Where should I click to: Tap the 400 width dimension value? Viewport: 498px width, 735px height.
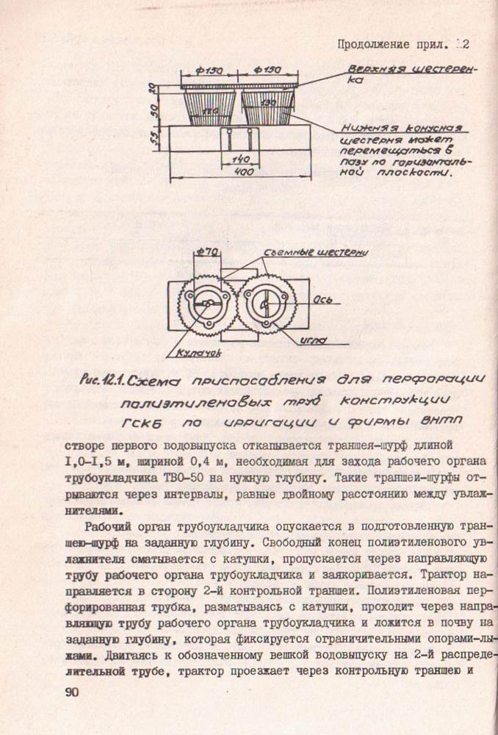point(245,172)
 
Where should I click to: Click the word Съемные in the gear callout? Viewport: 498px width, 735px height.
point(292,252)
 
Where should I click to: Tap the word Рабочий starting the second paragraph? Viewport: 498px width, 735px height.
point(109,526)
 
